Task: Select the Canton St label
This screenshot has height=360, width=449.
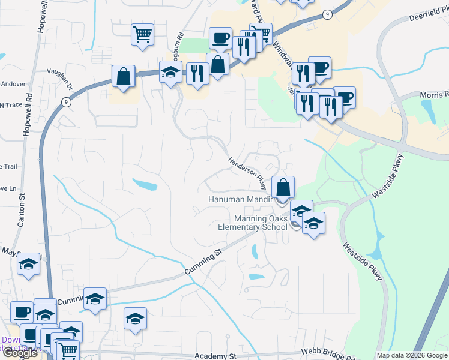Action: pos(22,209)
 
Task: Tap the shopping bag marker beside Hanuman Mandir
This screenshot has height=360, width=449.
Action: pos(283,187)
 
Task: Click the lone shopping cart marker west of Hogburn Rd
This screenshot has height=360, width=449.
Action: pos(142,35)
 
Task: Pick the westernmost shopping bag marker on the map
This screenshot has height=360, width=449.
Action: pos(123,77)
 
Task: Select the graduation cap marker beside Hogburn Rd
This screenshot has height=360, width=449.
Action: pos(170,73)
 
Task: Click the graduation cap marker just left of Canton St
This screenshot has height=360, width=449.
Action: pos(28,265)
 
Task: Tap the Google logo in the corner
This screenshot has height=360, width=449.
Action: pos(20,353)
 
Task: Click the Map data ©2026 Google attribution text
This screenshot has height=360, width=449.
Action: pos(412,355)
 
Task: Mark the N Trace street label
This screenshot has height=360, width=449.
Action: pos(10,105)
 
